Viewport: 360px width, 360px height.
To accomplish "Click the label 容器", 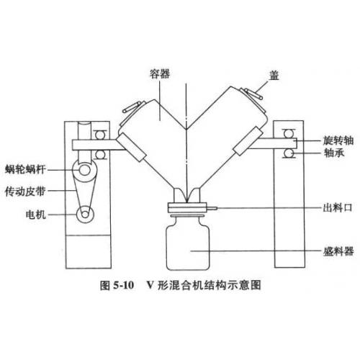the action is [160, 74].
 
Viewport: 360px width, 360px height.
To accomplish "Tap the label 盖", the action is [274, 75].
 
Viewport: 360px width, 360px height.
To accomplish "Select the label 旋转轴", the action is [338, 140].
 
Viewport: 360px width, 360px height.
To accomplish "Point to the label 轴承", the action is [334, 153].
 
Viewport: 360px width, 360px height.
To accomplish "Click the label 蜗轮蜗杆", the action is [25, 169].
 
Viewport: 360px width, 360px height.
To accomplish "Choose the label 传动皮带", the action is [25, 192].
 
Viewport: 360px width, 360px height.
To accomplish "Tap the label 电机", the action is [35, 215].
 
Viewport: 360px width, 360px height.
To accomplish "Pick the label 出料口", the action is [338, 207].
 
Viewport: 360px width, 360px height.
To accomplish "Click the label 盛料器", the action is [338, 251].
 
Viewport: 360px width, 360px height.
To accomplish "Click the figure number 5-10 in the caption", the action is [123, 285].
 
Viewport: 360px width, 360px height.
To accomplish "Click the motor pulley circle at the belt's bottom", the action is [85, 215].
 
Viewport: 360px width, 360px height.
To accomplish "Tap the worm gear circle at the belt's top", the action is [84, 170].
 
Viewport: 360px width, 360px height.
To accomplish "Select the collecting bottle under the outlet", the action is [188, 243].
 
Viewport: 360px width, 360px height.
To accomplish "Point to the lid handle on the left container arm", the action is [132, 107].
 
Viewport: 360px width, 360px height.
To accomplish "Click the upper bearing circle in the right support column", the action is [289, 133].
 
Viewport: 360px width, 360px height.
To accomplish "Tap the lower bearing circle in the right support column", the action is [289, 153].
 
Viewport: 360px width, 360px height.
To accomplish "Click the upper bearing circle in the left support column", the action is [99, 135].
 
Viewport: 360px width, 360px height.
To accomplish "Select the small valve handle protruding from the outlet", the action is [212, 208].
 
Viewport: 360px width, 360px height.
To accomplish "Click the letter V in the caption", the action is [150, 285].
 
